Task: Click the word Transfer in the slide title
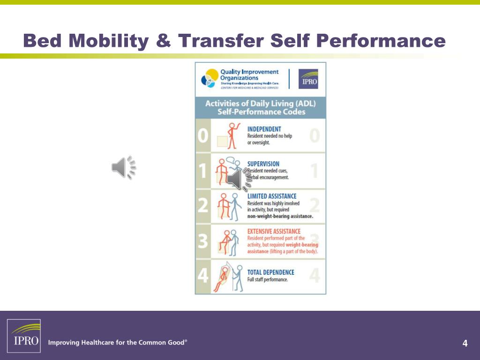pyautogui.click(x=220, y=41)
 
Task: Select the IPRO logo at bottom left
pyautogui.click(x=23, y=336)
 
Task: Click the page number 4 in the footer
pyautogui.click(x=465, y=344)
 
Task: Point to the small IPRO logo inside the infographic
pyautogui.click(x=308, y=79)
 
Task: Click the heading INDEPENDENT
pyautogui.click(x=264, y=129)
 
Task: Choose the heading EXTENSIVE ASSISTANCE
pyautogui.click(x=274, y=232)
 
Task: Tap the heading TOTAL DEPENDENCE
pyautogui.click(x=270, y=272)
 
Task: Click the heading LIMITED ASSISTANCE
pyautogui.click(x=271, y=196)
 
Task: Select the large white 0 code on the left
pyautogui.click(x=202, y=136)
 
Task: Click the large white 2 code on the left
pyautogui.click(x=202, y=205)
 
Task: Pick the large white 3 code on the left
pyautogui.click(x=202, y=241)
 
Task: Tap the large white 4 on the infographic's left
pyautogui.click(x=202, y=276)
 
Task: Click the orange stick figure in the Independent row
pyautogui.click(x=231, y=135)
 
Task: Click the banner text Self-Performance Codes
pyautogui.click(x=261, y=112)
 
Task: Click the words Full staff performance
pyautogui.click(x=268, y=280)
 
